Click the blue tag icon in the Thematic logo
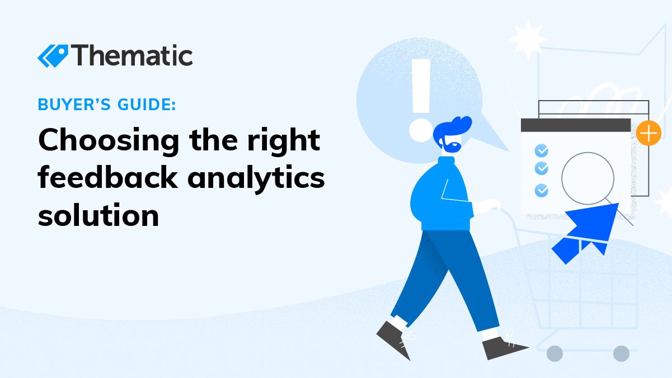[x=53, y=56]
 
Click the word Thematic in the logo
[x=131, y=55]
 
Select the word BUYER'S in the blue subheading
[x=74, y=105]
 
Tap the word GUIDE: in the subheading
[x=147, y=105]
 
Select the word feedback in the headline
[x=107, y=177]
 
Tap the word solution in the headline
[x=98, y=215]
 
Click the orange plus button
[x=648, y=133]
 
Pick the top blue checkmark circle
[x=542, y=150]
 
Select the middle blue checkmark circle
[x=542, y=168]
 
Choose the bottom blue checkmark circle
[x=542, y=190]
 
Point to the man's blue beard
[x=449, y=146]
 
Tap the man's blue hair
[x=452, y=129]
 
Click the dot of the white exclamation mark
[x=421, y=130]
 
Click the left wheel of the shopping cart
[x=554, y=354]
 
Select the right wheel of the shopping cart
[x=621, y=354]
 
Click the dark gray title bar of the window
[x=576, y=125]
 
